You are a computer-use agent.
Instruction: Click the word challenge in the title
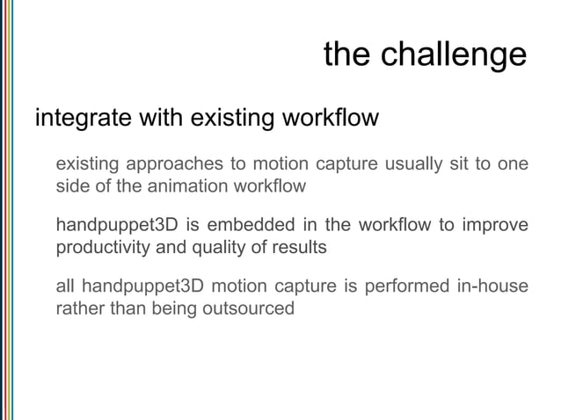click(455, 57)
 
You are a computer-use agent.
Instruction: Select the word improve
click(495, 227)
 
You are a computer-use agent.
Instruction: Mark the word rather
click(77, 309)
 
